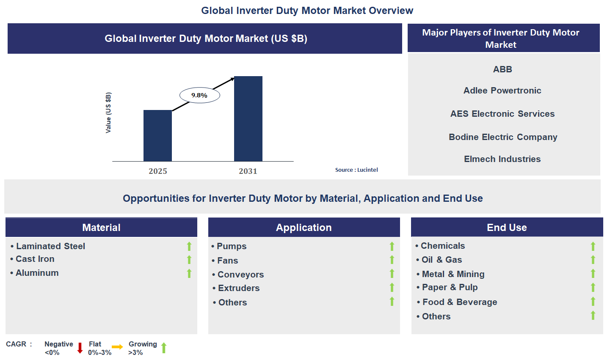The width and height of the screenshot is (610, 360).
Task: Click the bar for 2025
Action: [x=157, y=135]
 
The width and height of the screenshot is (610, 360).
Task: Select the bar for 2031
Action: [x=248, y=118]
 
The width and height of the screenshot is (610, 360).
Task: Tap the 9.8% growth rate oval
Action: [x=199, y=95]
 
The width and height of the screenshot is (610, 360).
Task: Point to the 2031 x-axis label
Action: [x=248, y=171]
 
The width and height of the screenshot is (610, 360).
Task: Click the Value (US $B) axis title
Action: [x=108, y=113]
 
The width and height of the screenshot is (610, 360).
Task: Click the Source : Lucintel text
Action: [x=356, y=170]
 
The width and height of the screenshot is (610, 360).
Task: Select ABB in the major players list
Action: [x=502, y=69]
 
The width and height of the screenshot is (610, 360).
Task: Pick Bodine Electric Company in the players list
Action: [x=503, y=137]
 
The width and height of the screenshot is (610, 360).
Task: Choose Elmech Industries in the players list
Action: [x=502, y=159]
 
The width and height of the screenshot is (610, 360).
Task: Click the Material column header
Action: [x=101, y=228]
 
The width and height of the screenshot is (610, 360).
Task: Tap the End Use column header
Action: [x=507, y=228]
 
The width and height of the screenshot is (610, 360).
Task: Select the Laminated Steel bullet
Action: [x=50, y=246]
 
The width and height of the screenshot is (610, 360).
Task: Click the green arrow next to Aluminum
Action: [x=189, y=273]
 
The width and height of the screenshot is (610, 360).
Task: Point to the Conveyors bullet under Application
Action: [x=240, y=275]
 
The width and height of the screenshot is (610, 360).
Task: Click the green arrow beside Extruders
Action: [x=392, y=288]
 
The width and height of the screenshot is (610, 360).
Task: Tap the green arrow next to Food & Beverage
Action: [x=593, y=301]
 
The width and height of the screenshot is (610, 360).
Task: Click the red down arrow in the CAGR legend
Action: [x=80, y=348]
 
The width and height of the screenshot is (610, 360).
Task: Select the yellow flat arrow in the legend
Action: [x=117, y=347]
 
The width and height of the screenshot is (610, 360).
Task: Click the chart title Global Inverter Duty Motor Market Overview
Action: [x=307, y=11]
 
